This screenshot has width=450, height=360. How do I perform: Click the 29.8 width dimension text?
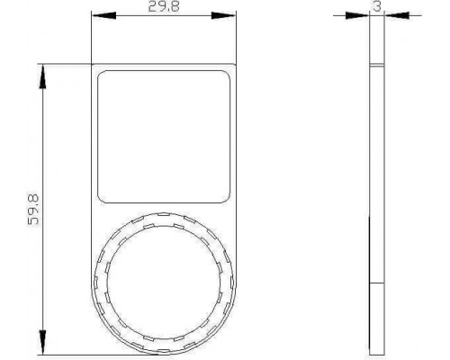[164, 6]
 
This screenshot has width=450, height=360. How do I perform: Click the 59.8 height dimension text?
[33, 210]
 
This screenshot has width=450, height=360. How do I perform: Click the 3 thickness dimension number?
[377, 6]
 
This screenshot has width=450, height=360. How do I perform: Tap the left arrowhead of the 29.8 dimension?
[103, 15]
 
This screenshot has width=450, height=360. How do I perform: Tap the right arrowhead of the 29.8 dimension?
[224, 15]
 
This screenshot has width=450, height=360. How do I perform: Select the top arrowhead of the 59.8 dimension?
[43, 76]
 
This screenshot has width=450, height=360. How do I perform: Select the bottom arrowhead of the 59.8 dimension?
[43, 342]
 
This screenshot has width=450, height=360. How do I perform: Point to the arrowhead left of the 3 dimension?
[357, 15]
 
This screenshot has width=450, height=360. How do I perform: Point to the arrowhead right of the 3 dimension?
[397, 15]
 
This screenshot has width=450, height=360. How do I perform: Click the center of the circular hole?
[164, 283]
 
